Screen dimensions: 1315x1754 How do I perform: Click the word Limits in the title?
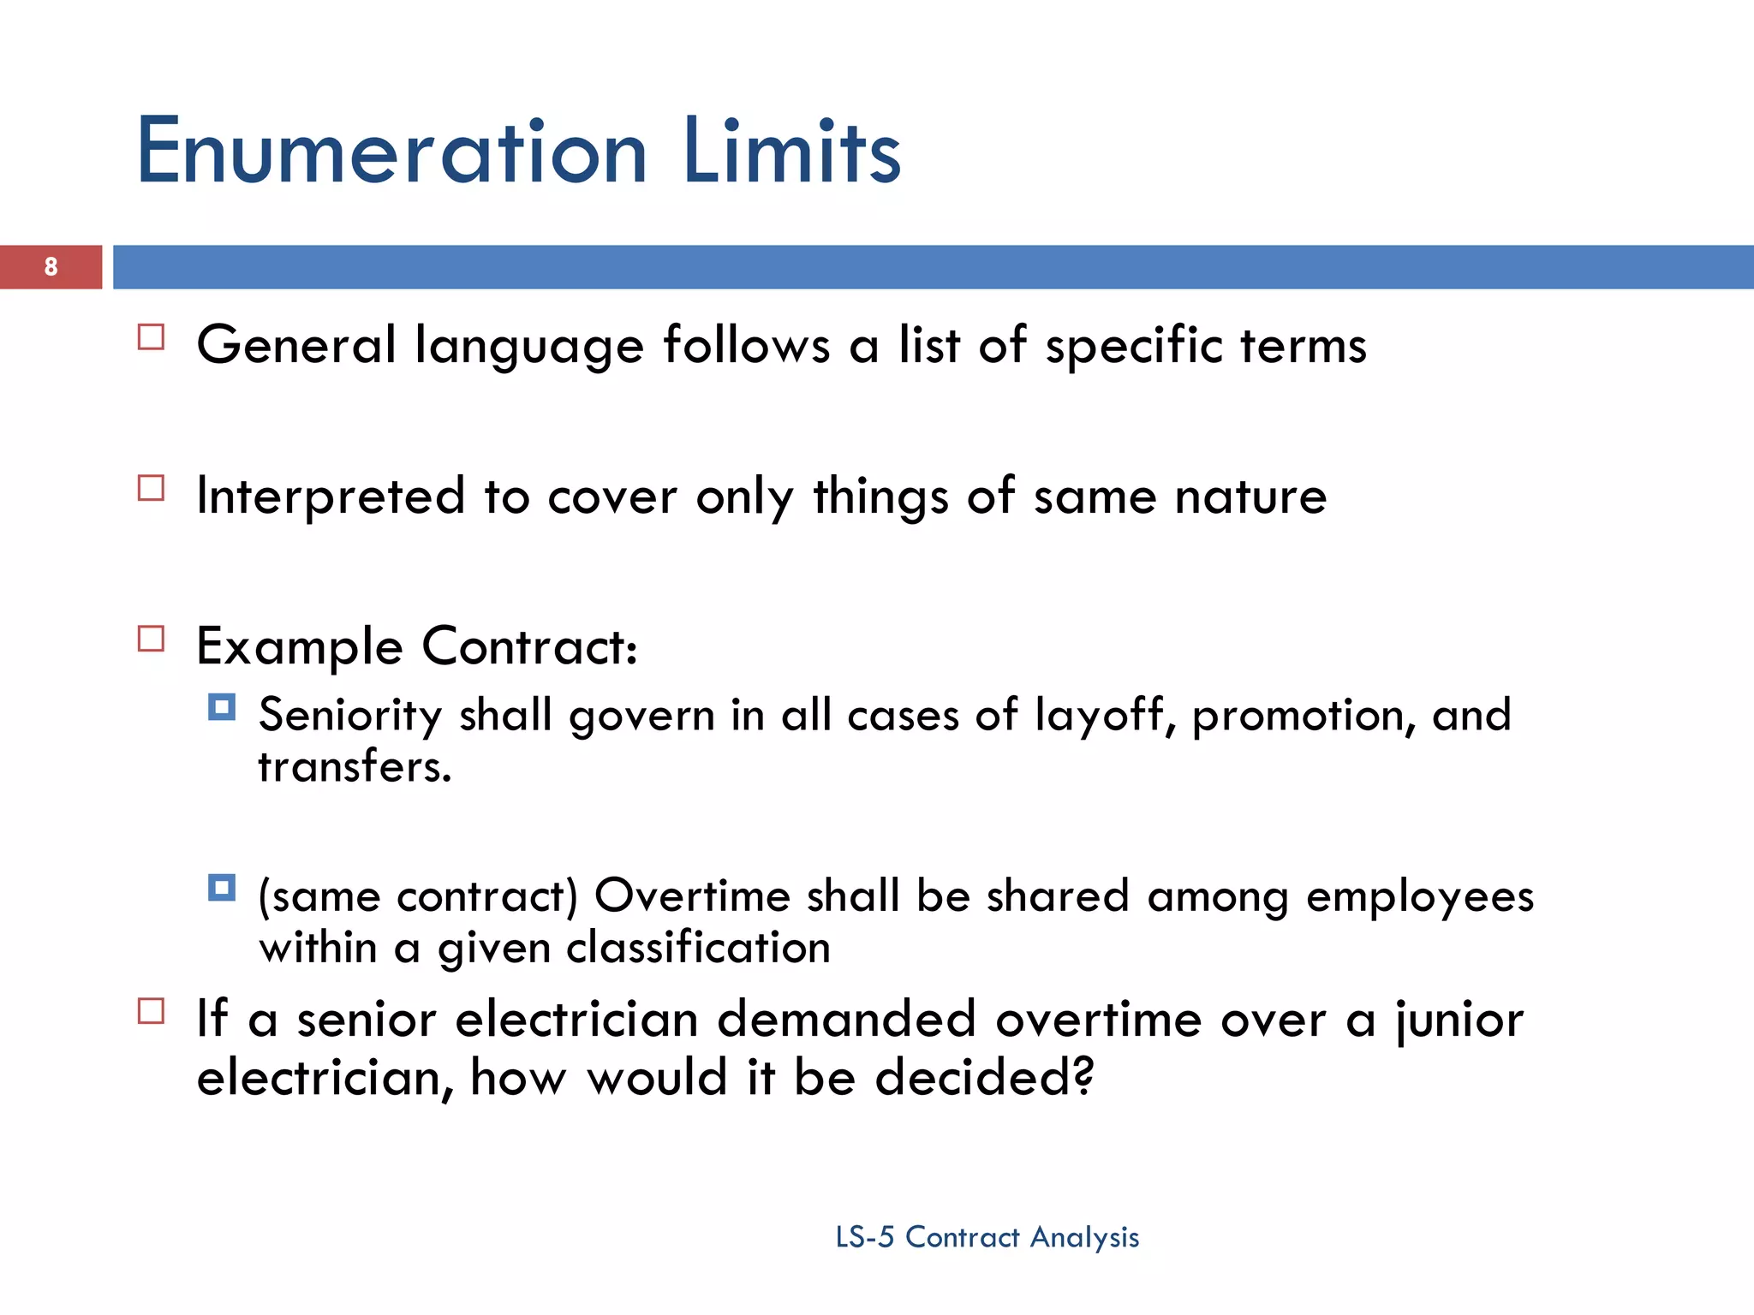[x=792, y=152]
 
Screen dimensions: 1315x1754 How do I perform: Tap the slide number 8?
[x=51, y=267]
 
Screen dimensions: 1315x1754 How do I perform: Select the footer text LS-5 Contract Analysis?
[x=987, y=1237]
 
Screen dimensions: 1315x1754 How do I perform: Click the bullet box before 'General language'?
[x=151, y=337]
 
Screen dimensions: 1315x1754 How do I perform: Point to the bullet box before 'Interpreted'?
[x=151, y=488]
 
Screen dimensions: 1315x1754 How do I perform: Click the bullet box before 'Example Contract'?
[x=151, y=639]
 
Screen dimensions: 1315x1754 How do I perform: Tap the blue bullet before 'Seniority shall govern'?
[x=222, y=707]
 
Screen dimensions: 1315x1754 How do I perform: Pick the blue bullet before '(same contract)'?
[x=222, y=888]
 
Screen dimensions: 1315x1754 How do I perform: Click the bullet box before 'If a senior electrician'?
[x=151, y=1011]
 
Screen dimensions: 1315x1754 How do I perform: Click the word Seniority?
[x=349, y=716]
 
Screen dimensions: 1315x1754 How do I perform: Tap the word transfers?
[x=353, y=767]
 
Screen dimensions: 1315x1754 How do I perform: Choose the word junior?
[x=1459, y=1020]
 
